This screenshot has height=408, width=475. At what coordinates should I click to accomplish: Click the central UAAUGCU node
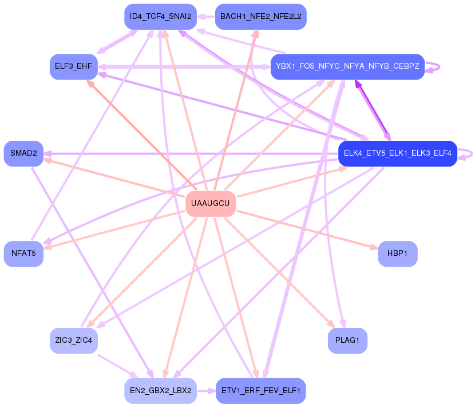point(211,204)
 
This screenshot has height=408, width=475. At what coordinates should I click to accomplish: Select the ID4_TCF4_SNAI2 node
point(161,17)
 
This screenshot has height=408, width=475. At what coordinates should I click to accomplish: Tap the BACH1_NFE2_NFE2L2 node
point(260,17)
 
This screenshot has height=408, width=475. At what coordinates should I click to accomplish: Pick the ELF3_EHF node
point(73,66)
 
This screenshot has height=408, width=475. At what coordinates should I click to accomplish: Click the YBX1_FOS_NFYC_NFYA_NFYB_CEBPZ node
point(347,66)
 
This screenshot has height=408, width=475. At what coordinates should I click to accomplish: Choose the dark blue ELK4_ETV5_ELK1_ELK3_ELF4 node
point(397,153)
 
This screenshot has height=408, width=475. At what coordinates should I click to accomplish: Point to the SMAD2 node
point(23,153)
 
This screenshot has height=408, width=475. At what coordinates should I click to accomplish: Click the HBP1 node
point(397,253)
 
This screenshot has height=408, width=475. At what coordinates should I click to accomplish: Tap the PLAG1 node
point(347,341)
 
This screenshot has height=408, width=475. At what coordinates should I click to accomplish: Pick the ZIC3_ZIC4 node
point(73,341)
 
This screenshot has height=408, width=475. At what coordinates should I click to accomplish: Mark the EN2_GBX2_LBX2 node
point(161,391)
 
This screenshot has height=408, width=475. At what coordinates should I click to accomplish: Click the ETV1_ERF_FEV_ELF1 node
point(260,391)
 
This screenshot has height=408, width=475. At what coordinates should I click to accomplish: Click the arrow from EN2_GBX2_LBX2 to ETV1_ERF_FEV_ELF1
point(207,391)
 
